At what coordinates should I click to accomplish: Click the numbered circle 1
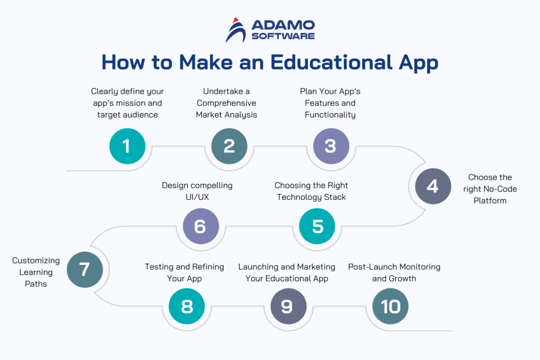[x=127, y=146]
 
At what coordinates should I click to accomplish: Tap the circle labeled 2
[x=229, y=146]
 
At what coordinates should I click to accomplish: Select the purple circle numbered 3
[x=331, y=146]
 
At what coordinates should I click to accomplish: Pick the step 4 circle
[x=432, y=186]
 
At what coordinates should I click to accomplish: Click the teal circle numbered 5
[x=317, y=226]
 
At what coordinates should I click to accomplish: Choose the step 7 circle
[x=84, y=269]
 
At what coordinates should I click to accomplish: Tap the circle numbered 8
[x=187, y=306]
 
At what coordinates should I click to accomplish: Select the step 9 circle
[x=287, y=306]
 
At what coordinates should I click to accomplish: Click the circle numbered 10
[x=390, y=306]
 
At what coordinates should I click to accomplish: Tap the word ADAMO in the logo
[x=283, y=25]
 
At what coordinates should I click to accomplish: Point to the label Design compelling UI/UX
[x=197, y=191]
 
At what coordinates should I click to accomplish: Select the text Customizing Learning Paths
[x=36, y=272]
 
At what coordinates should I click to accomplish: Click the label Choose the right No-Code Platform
[x=490, y=189]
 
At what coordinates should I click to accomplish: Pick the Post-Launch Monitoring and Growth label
[x=394, y=273]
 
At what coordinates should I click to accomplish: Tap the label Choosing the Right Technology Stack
[x=311, y=191]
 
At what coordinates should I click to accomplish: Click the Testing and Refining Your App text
[x=185, y=273]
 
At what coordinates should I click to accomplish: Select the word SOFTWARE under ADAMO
[x=283, y=36]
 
